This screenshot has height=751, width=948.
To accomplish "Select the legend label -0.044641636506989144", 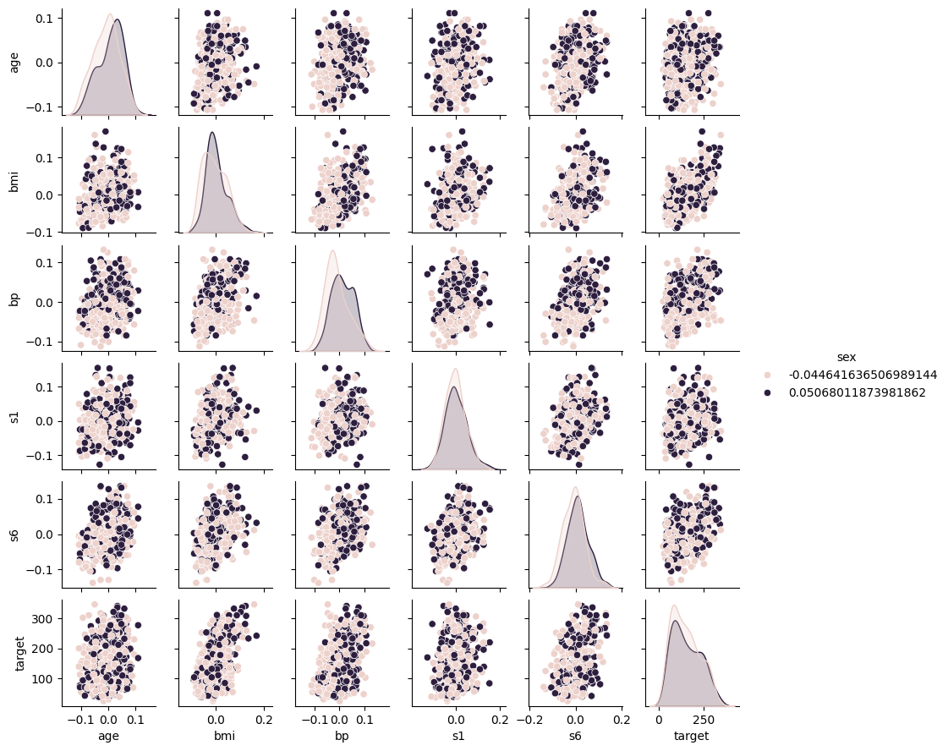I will (x=858, y=375).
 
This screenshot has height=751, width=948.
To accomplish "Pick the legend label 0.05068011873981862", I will (x=853, y=392).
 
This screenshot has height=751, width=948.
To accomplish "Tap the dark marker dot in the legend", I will (x=767, y=392).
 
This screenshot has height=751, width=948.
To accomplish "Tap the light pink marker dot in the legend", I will (x=767, y=375).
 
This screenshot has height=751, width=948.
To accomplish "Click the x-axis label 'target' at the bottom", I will (x=692, y=736).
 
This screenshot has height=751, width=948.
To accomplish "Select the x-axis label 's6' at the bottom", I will (x=575, y=736).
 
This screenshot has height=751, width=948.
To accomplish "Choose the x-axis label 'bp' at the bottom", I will (x=342, y=736).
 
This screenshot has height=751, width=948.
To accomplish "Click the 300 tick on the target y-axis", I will (x=44, y=619).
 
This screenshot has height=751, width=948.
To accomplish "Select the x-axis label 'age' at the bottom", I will (x=108, y=736).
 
